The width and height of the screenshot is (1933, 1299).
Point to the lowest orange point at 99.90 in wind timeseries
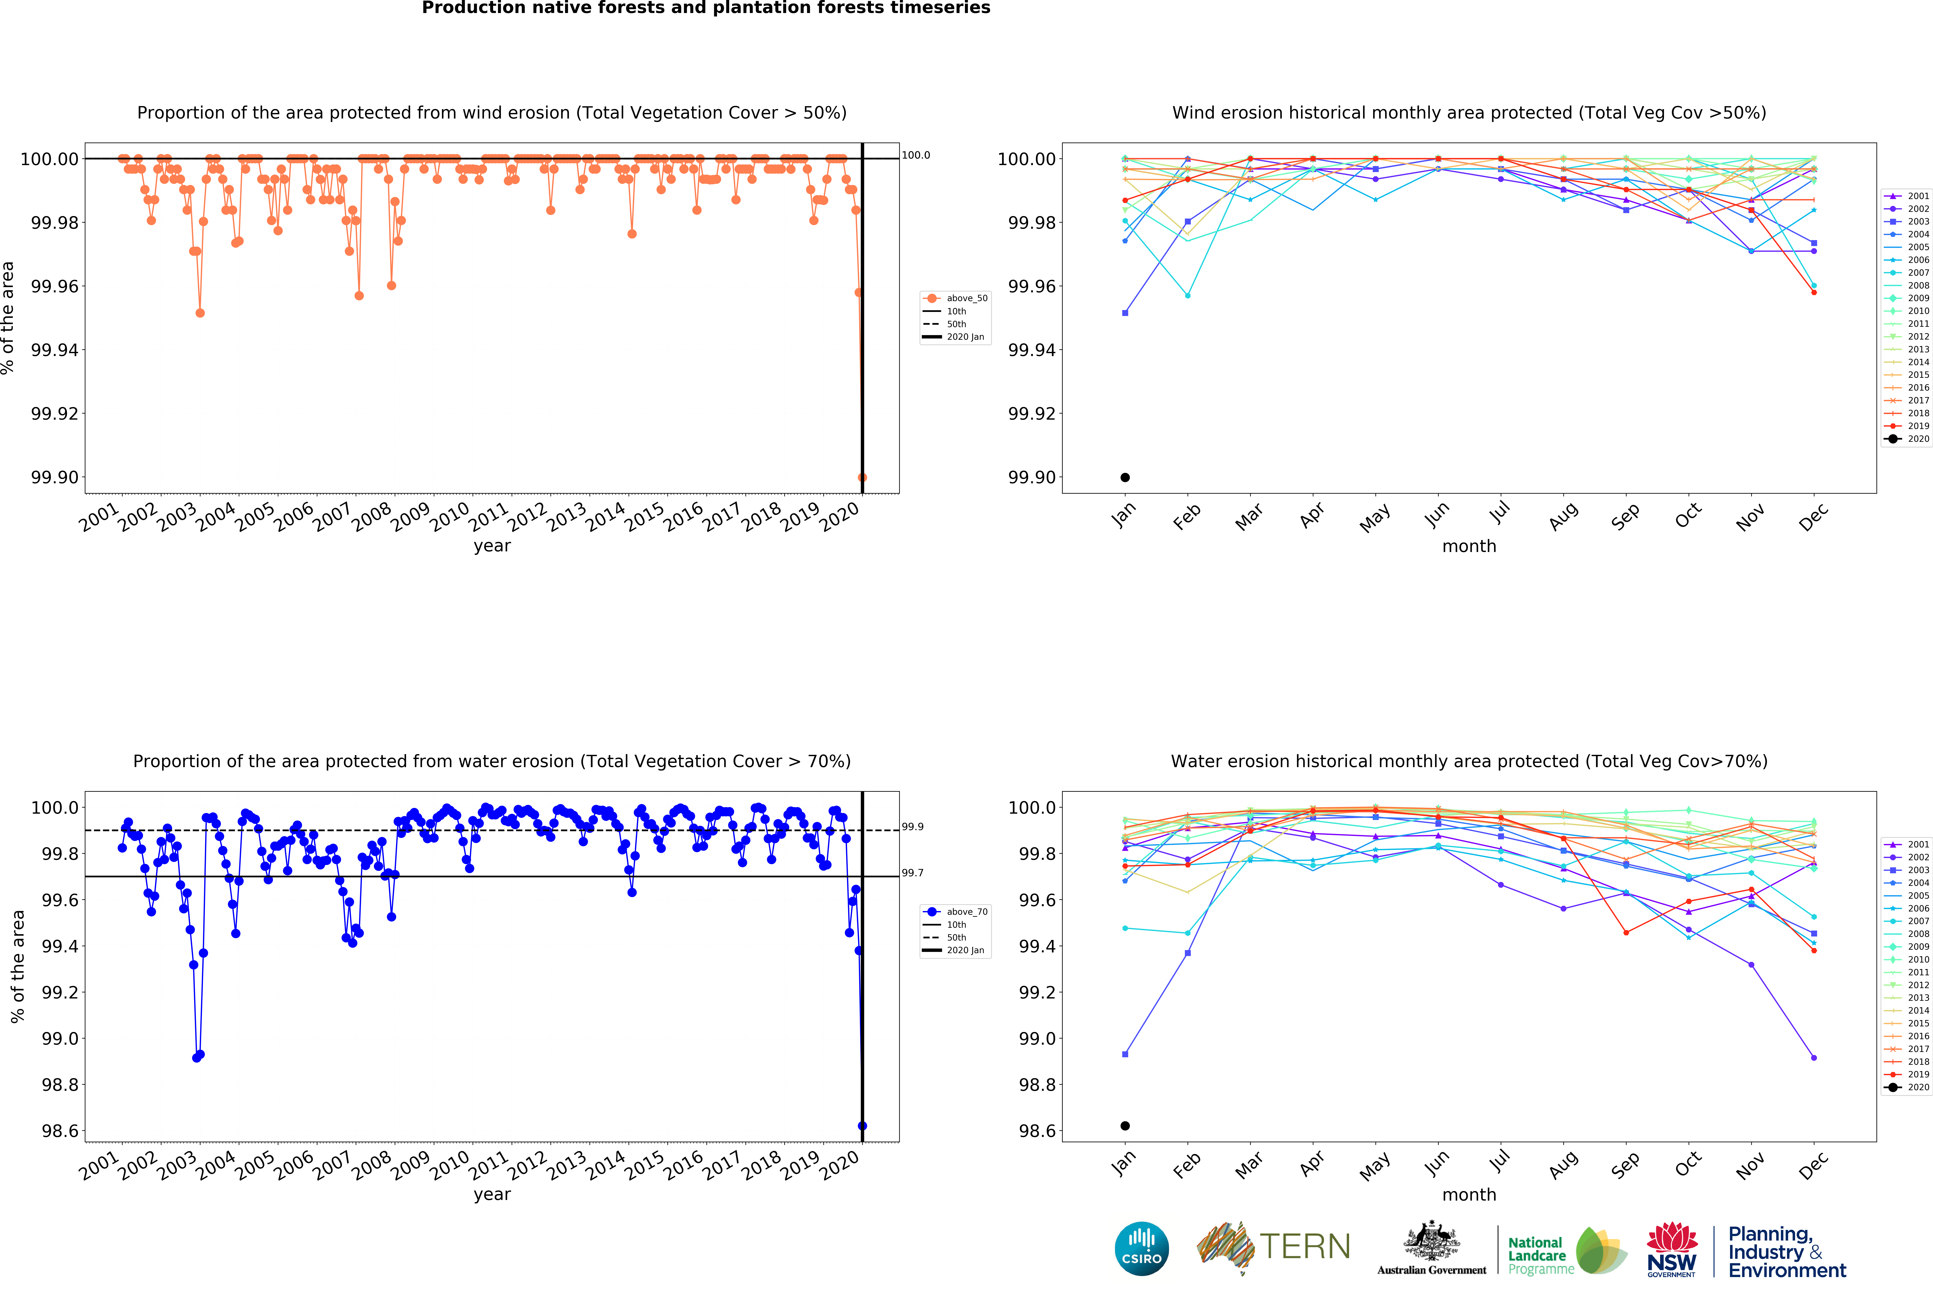862,477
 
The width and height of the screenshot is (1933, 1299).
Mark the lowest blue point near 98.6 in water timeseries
862,1126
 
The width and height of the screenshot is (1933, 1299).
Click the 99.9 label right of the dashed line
912,827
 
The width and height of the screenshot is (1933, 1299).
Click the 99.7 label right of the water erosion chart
912,873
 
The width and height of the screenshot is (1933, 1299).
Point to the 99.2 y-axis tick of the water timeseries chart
60,992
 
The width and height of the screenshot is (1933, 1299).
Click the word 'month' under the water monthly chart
1469,1195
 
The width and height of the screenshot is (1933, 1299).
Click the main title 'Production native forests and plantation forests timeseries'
706,8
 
